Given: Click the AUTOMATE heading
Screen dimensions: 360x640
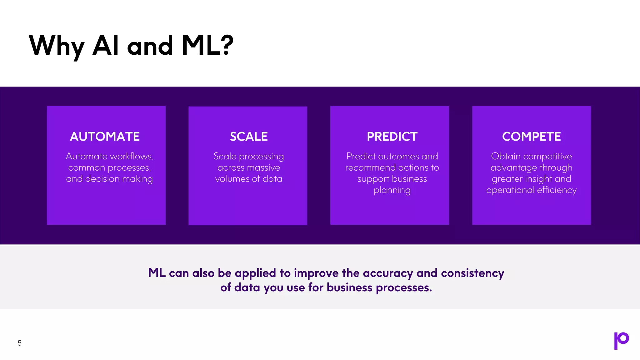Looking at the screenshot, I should [x=105, y=137].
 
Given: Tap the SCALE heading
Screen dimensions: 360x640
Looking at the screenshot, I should [x=249, y=137].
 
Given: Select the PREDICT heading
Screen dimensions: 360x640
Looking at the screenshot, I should [x=392, y=137].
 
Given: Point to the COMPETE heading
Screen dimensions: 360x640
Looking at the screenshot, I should [x=531, y=137].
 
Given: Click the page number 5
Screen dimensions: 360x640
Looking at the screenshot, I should [x=19, y=343].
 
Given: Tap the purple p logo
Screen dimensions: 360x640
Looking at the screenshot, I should [x=621, y=341].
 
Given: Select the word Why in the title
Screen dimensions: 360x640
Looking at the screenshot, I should [x=56, y=46].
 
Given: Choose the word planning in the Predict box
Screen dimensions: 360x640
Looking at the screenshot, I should [x=392, y=190].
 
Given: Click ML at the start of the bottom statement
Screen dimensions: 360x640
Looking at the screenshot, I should [x=157, y=273].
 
